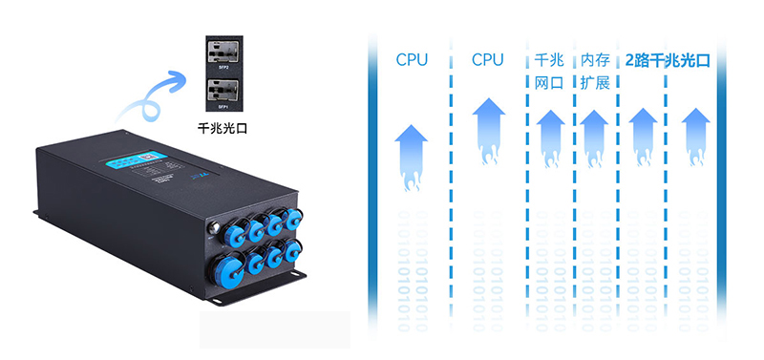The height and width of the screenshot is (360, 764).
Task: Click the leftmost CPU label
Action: click(x=412, y=60)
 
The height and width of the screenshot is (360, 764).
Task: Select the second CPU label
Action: click(x=487, y=60)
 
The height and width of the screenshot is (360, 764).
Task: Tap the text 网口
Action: click(x=550, y=83)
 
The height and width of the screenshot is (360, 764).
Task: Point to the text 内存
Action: click(x=594, y=60)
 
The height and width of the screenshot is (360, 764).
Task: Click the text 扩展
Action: click(x=594, y=83)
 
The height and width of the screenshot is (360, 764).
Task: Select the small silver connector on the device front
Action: click(x=212, y=228)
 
